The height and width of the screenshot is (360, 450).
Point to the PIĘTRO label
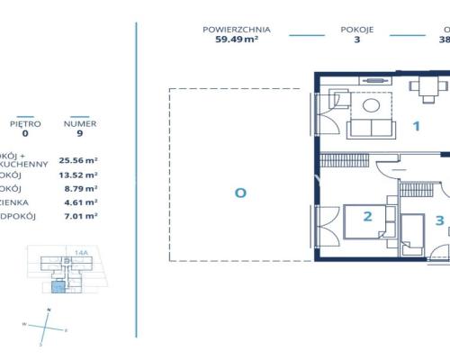coord(25,124)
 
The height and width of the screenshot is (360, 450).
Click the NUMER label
coord(81,124)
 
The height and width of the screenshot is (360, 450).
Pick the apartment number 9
coord(81,135)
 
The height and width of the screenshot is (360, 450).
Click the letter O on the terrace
coord(240,192)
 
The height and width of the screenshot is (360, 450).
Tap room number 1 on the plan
coord(417,126)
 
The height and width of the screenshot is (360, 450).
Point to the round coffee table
coord(371,105)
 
